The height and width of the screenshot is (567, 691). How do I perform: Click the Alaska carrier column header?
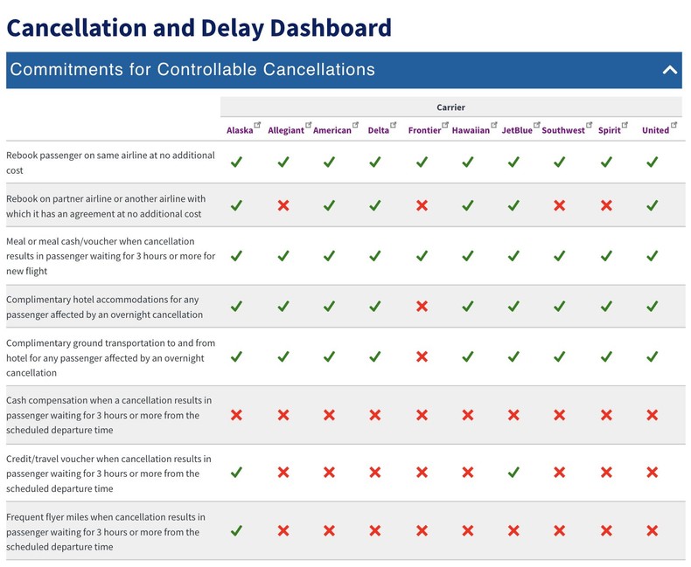point(239,130)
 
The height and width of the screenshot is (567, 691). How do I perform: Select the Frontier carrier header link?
point(424,130)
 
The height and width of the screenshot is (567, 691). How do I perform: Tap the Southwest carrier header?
point(562,130)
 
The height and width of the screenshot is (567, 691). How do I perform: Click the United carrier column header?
point(655,130)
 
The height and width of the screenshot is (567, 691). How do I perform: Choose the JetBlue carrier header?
point(516,130)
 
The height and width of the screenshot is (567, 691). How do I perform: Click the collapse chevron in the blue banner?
point(670,70)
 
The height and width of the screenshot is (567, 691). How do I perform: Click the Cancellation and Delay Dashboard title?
point(199,27)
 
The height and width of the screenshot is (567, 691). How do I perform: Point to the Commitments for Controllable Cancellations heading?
point(192,70)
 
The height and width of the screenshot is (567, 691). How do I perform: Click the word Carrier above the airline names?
point(450,107)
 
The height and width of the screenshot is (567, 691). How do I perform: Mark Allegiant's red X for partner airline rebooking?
point(283,205)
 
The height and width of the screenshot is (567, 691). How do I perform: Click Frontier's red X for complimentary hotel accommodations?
point(422,307)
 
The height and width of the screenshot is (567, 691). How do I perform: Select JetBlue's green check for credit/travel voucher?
point(513,473)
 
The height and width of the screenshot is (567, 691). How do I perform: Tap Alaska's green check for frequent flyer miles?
point(236,530)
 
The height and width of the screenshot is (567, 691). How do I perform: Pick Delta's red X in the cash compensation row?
point(374,415)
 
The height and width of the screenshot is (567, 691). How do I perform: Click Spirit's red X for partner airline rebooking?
point(606,205)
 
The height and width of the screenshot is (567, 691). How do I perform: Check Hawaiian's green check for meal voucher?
point(467,256)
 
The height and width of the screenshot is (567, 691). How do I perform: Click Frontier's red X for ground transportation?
point(422,357)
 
